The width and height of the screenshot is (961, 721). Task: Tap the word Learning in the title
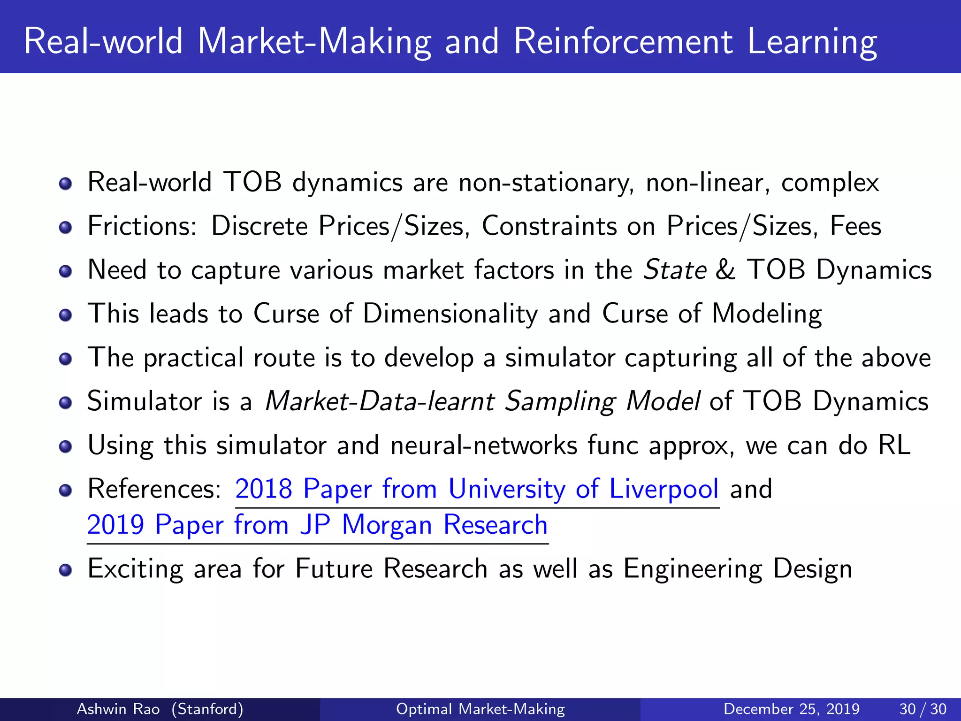click(x=812, y=42)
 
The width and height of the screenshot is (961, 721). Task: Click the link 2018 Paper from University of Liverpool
click(x=477, y=489)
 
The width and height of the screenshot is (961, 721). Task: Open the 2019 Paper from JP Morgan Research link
click(x=317, y=525)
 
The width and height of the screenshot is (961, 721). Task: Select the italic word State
click(x=675, y=270)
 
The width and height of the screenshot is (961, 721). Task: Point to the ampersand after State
click(x=726, y=270)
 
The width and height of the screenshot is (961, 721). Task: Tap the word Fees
click(x=855, y=226)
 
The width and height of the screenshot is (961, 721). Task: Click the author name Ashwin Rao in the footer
click(x=118, y=709)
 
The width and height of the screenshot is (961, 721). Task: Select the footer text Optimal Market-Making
click(x=480, y=709)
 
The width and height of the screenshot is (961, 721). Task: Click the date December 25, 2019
click(x=792, y=709)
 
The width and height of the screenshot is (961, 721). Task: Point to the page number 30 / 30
click(x=923, y=709)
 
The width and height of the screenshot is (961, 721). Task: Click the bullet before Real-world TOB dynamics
click(x=66, y=184)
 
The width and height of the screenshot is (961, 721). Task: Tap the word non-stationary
click(x=546, y=183)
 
